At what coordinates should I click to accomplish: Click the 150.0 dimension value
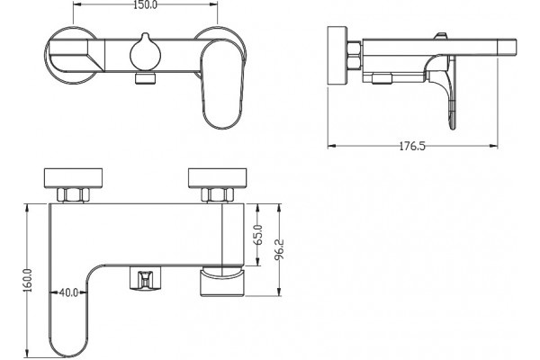click(x=145, y=4)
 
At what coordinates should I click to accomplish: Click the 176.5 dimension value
click(x=412, y=147)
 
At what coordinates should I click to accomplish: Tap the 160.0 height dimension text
click(x=28, y=281)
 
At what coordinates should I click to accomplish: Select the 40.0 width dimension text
click(x=68, y=292)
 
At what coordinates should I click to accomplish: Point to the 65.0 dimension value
click(x=258, y=235)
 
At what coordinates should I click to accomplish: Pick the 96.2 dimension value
click(x=279, y=249)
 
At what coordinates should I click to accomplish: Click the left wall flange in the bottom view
click(x=74, y=178)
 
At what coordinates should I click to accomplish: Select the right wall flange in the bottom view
click(x=217, y=178)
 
